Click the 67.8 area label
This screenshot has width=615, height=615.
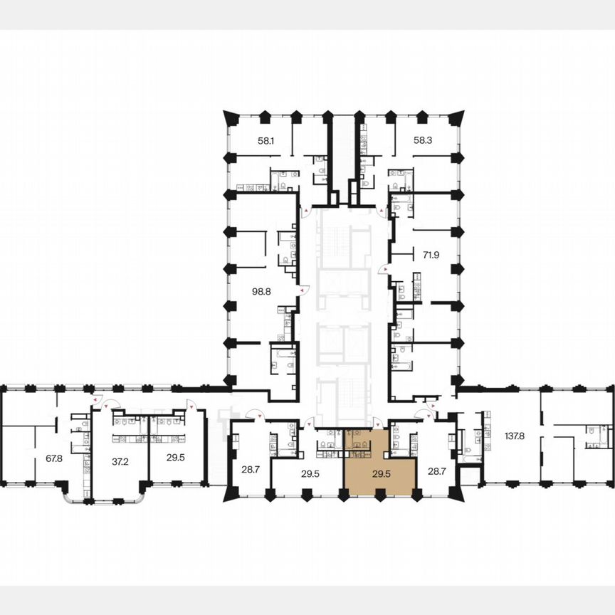point(55,458)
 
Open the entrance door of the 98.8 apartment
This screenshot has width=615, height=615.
point(305,290)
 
